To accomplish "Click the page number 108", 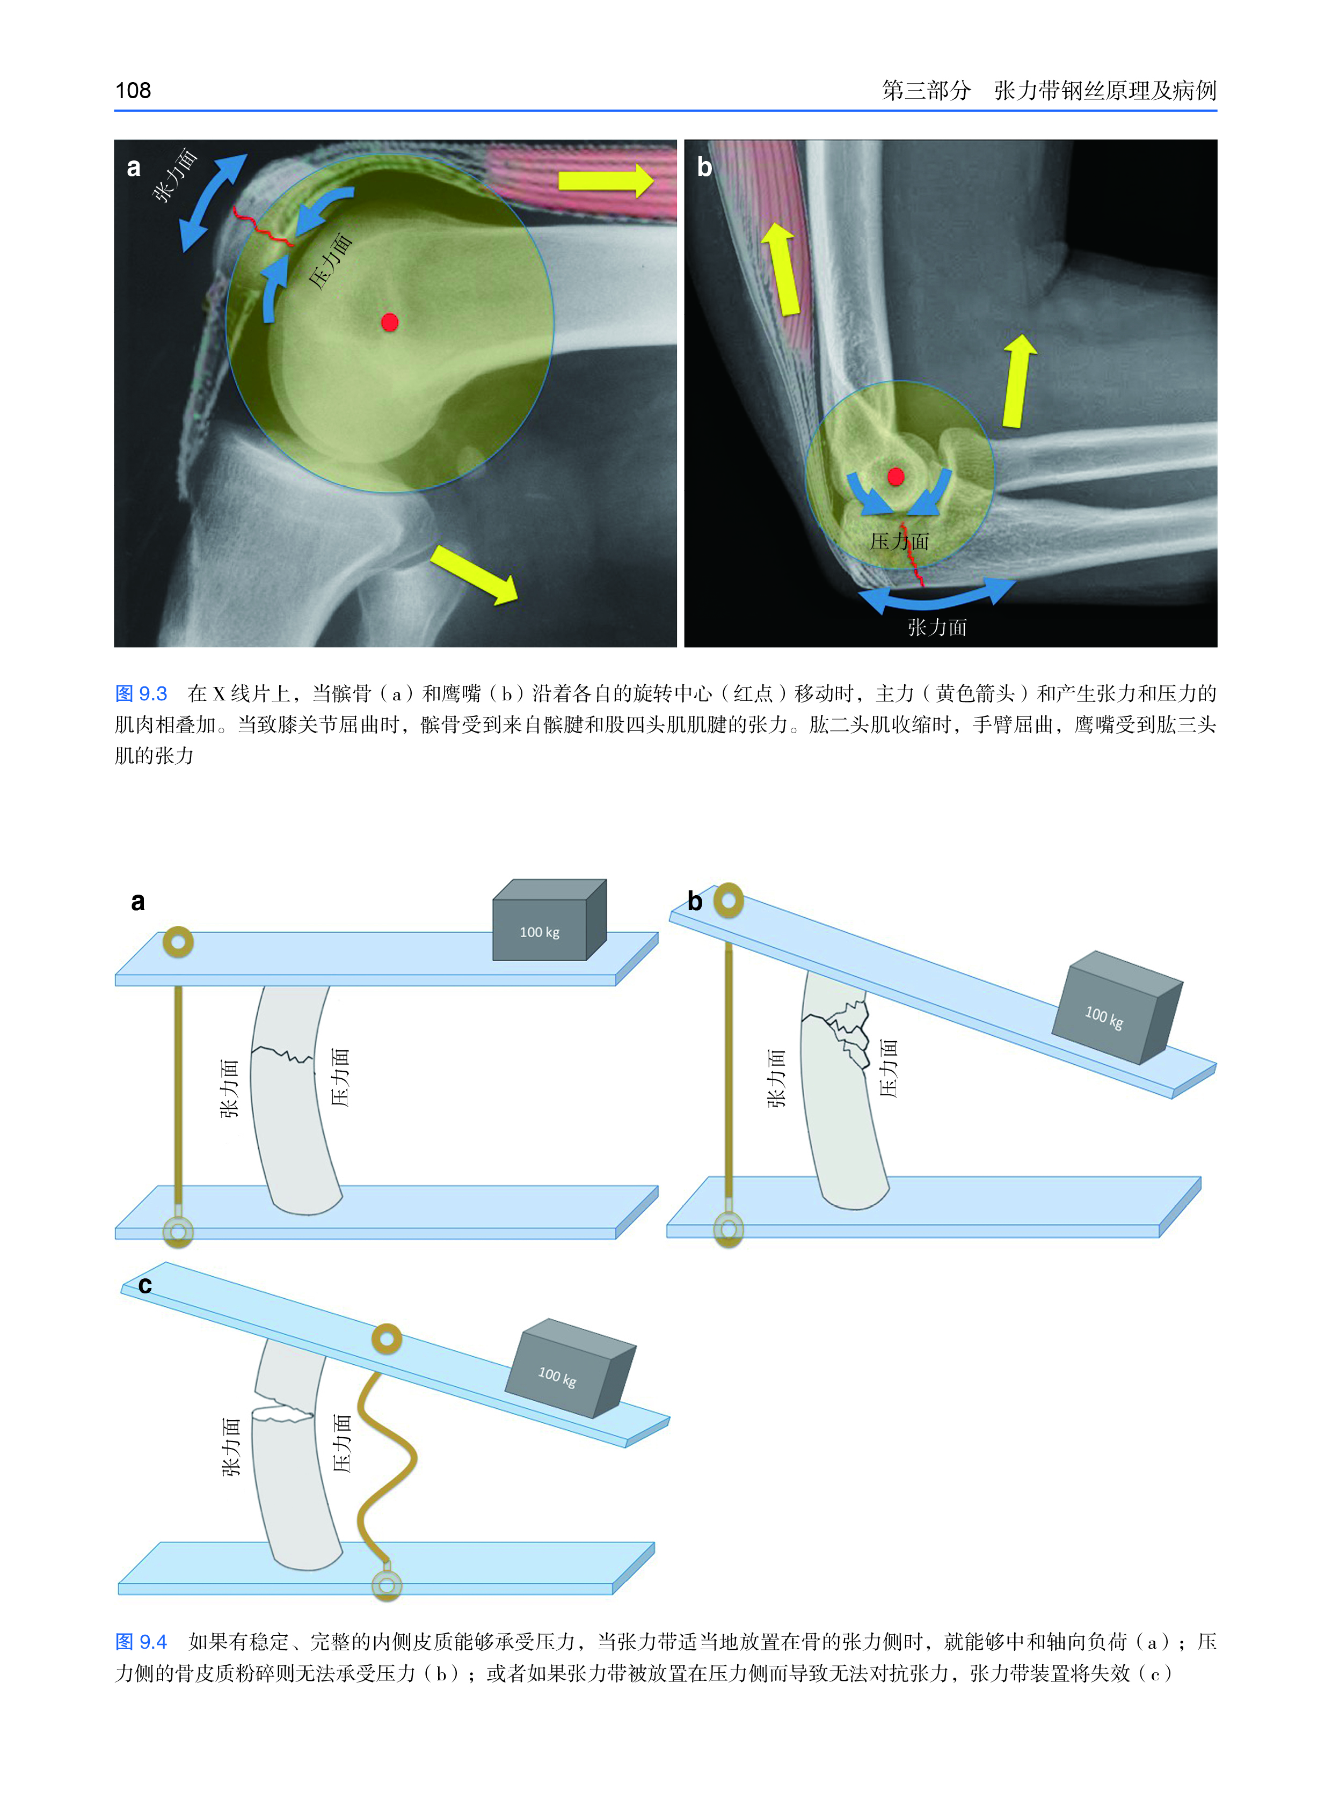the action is (133, 90).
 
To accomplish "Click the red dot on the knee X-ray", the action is (389, 323).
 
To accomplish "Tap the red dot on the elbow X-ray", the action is (895, 477).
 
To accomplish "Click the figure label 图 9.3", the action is (141, 693).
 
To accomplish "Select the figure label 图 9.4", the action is (141, 1642).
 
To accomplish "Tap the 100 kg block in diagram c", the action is (569, 1370).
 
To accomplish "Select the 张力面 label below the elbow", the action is (937, 627).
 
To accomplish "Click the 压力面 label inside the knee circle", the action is (331, 262).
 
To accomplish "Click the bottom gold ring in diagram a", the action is (178, 1232).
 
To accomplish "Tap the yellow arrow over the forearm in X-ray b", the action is (1017, 381).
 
